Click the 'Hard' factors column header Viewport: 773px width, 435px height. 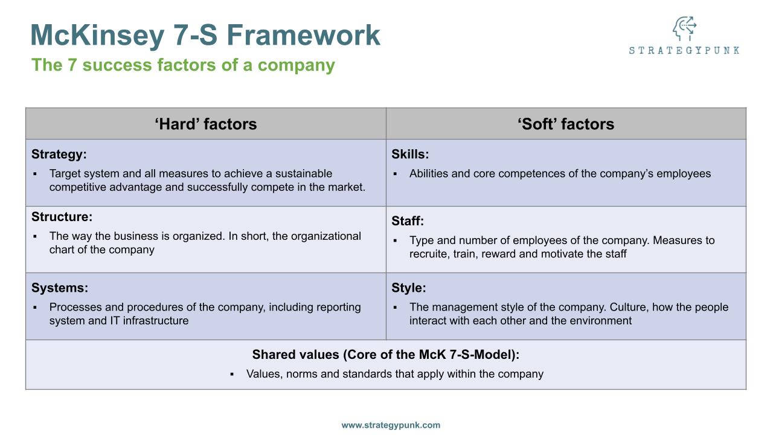(x=206, y=124)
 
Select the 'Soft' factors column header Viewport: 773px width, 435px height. (x=566, y=124)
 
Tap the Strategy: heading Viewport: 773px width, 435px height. (x=59, y=155)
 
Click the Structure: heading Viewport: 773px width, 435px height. (x=62, y=217)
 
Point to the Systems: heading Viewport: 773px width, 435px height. (x=60, y=288)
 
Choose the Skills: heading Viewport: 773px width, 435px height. (x=410, y=155)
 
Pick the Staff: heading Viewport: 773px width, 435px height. (x=408, y=222)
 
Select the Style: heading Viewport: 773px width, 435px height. (x=408, y=288)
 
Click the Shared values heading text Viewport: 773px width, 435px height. (x=385, y=355)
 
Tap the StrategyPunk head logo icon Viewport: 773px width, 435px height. (x=684, y=29)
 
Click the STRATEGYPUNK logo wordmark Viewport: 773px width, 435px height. (x=684, y=51)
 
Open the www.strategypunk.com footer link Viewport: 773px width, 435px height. (x=391, y=425)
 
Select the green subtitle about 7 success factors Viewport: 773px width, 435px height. (x=183, y=65)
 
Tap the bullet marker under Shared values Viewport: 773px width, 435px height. (x=232, y=375)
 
